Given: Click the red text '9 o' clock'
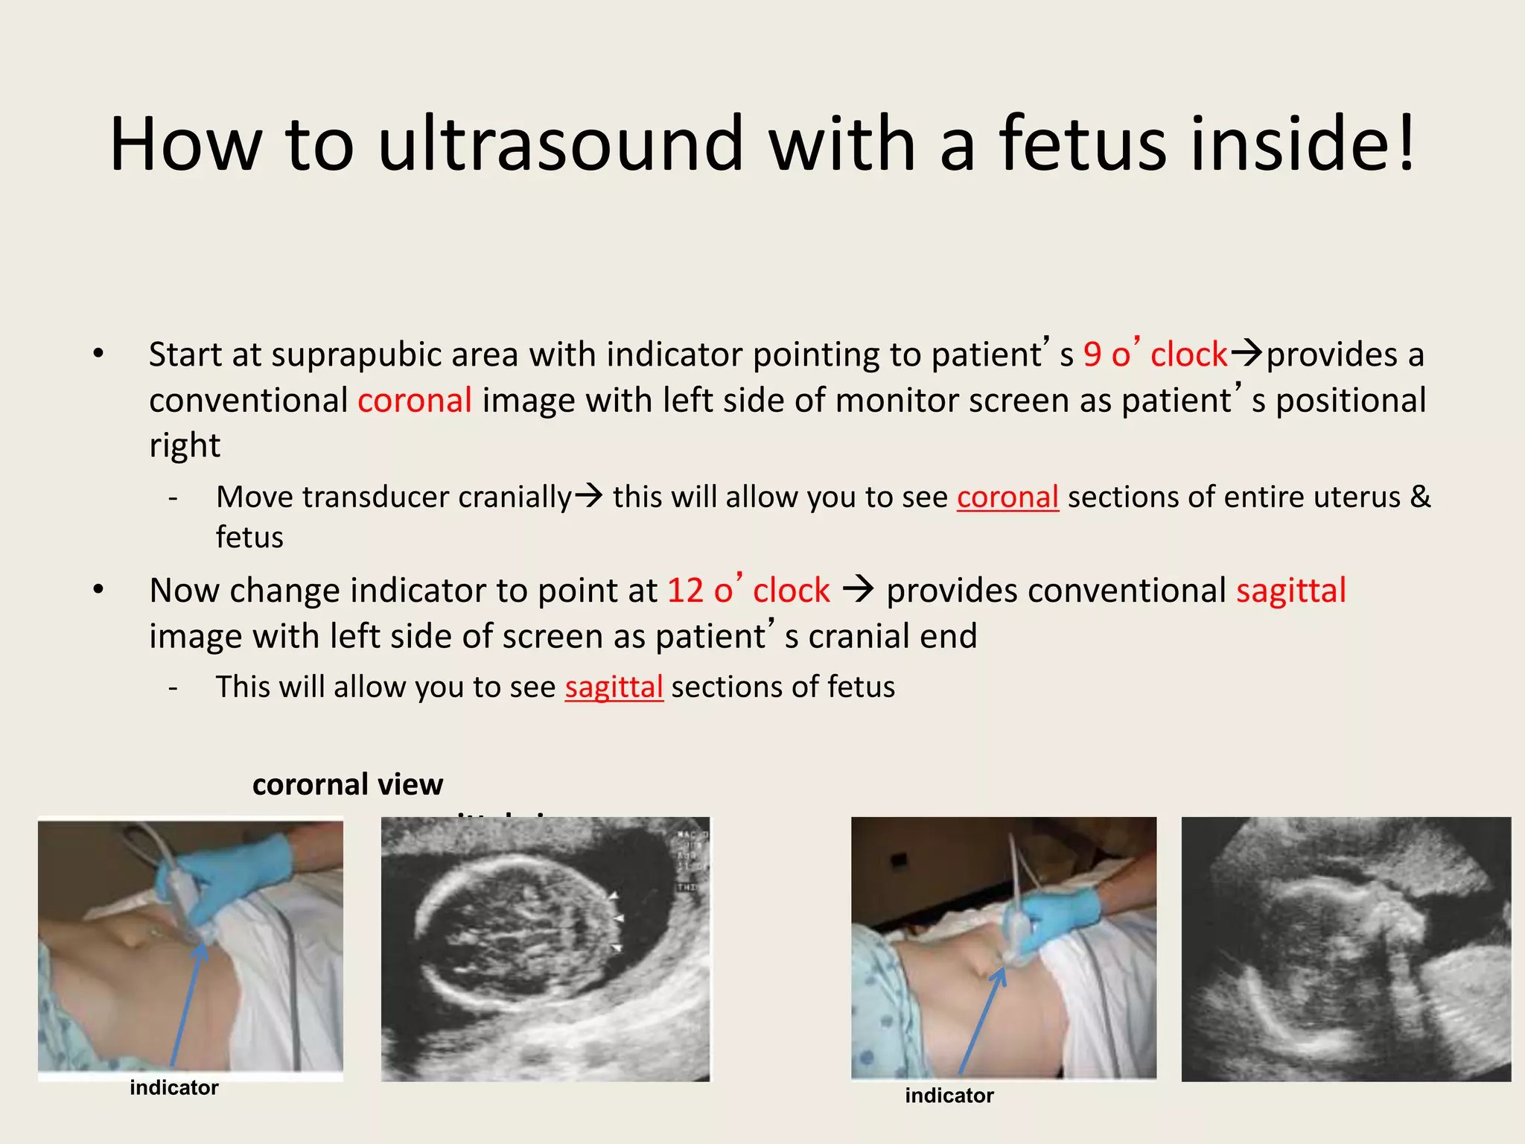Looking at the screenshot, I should click(x=1154, y=355).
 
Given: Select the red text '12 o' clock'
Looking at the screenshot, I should click(x=748, y=591).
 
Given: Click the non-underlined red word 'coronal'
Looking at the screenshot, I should click(x=414, y=401).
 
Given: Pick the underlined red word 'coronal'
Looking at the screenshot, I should click(x=1007, y=498).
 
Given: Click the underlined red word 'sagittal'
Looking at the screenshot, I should click(x=614, y=687).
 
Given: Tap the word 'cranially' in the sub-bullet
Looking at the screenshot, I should click(x=515, y=498).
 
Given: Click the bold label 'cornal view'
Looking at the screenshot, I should click(x=348, y=784).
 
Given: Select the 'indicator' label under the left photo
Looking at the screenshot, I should click(x=174, y=1087).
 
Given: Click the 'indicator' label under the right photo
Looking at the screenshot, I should click(x=949, y=1096).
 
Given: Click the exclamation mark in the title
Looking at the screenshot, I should click(x=1406, y=143).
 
